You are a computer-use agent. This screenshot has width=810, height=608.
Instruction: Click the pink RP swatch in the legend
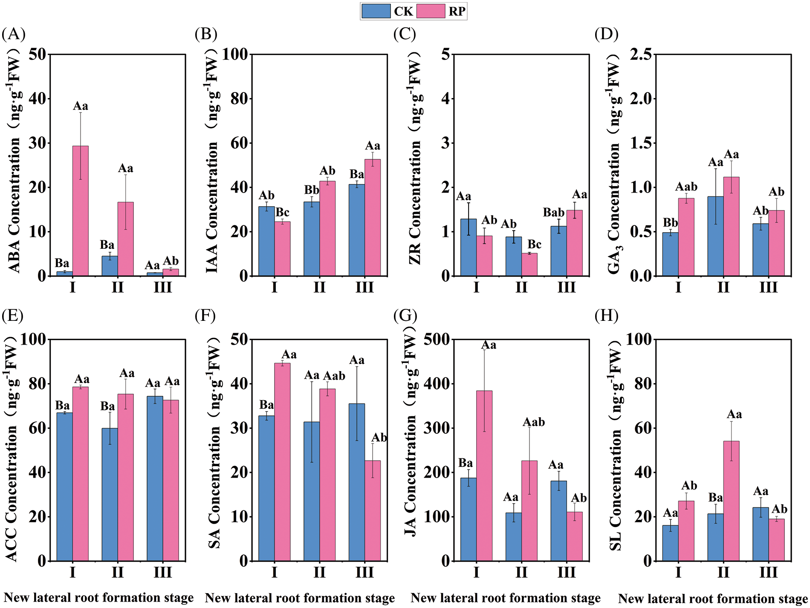(x=431, y=11)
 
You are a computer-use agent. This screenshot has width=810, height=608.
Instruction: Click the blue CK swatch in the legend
(x=376, y=11)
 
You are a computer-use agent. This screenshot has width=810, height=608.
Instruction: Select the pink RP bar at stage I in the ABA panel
(x=81, y=211)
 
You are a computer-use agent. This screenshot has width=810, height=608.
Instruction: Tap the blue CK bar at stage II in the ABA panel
(x=110, y=266)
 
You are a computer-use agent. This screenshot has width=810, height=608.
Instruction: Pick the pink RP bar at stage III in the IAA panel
(x=373, y=217)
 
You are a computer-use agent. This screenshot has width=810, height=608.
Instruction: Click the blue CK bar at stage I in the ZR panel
(x=469, y=247)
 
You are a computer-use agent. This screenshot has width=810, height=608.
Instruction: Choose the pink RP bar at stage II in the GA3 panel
(x=731, y=226)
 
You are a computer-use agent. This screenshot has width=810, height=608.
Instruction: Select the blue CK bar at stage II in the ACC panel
(x=110, y=494)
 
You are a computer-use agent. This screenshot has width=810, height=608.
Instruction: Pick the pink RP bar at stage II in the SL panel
(x=731, y=501)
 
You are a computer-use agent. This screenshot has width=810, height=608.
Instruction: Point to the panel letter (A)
(x=13, y=34)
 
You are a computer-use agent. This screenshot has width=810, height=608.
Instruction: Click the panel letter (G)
(x=405, y=316)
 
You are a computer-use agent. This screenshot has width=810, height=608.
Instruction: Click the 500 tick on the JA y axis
(x=437, y=340)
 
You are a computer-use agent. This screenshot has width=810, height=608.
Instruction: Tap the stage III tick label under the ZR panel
(x=566, y=288)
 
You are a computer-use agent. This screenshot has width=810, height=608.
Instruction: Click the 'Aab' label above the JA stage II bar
(x=534, y=422)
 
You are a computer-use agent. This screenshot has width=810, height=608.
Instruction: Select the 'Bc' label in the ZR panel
(x=534, y=245)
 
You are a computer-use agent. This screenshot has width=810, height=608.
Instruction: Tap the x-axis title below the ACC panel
(x=99, y=598)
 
